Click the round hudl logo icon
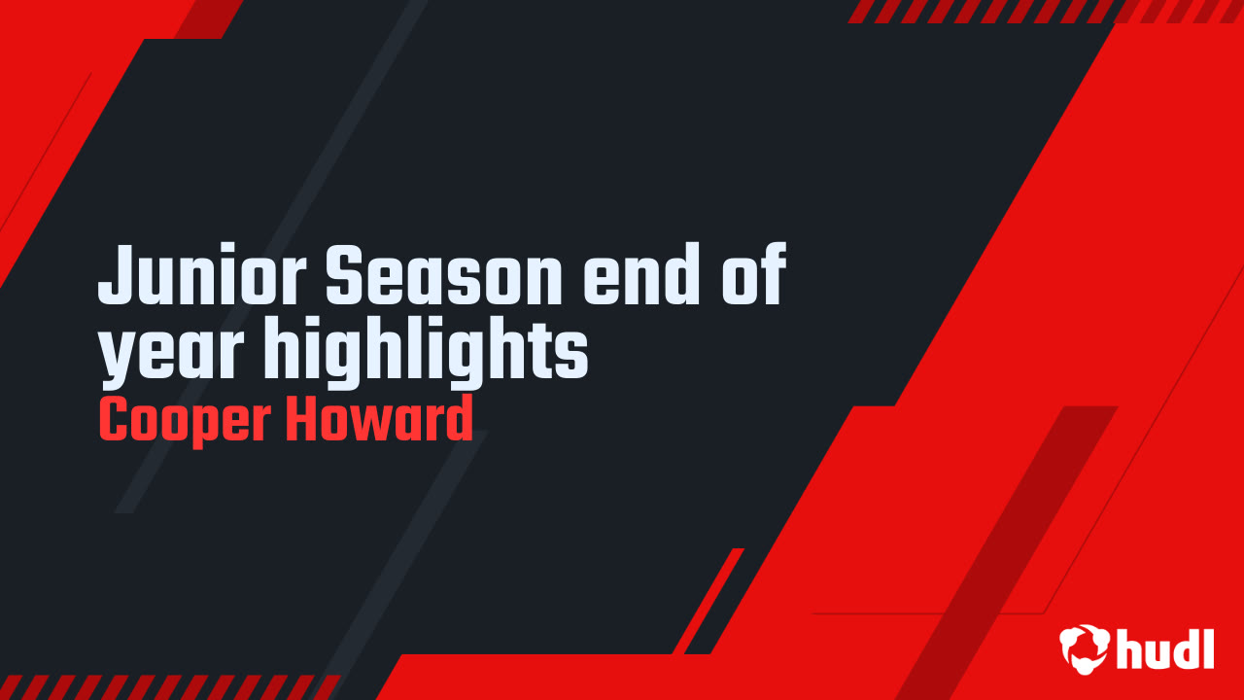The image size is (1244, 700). click(1084, 648)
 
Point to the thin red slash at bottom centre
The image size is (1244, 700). click(708, 601)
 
